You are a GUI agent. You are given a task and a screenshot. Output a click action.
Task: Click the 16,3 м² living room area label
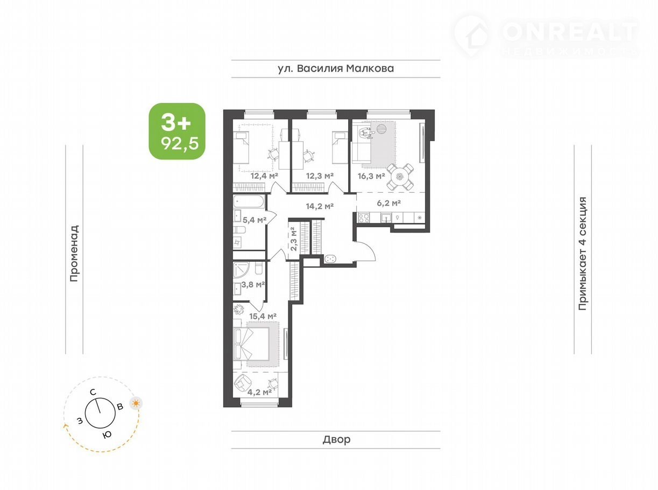pyautogui.click(x=371, y=176)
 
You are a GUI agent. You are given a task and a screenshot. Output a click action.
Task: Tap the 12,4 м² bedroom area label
pyautogui.click(x=264, y=176)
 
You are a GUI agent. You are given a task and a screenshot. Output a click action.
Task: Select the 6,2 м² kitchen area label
pyautogui.click(x=388, y=203)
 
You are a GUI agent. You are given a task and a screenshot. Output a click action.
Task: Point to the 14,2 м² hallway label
pyautogui.click(x=320, y=206)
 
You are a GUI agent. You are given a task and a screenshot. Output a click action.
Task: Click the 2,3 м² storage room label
pyautogui.click(x=293, y=239)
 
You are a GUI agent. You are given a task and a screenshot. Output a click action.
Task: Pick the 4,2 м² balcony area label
pyautogui.click(x=259, y=393)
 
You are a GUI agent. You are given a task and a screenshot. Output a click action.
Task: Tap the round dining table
pyautogui.click(x=400, y=177)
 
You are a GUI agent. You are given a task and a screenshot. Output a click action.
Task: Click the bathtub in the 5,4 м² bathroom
pyautogui.click(x=249, y=201)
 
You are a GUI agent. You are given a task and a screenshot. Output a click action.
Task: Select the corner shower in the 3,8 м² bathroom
pyautogui.click(x=241, y=269)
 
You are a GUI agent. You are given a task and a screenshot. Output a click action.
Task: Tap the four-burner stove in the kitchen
pyautogui.click(x=364, y=218)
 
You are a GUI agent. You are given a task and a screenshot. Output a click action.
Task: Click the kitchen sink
pyautogui.click(x=386, y=218)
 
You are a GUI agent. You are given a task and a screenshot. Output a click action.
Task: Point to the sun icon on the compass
pyautogui.click(x=136, y=403)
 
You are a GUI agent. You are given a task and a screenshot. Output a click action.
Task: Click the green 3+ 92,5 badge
pyautogui.click(x=177, y=131)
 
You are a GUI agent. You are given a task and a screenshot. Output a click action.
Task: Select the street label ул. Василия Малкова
pyautogui.click(x=336, y=68)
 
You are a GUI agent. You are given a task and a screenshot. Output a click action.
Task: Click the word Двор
pyautogui.click(x=336, y=439)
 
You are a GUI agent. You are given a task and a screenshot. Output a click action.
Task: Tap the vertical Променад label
pyautogui.click(x=74, y=253)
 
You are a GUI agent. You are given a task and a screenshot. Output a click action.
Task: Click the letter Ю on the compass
pyautogui.click(x=107, y=435)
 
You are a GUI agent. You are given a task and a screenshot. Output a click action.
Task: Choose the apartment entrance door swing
pyautogui.click(x=366, y=251)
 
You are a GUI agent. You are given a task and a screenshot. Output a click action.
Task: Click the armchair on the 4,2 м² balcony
pyautogui.click(x=242, y=384)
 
